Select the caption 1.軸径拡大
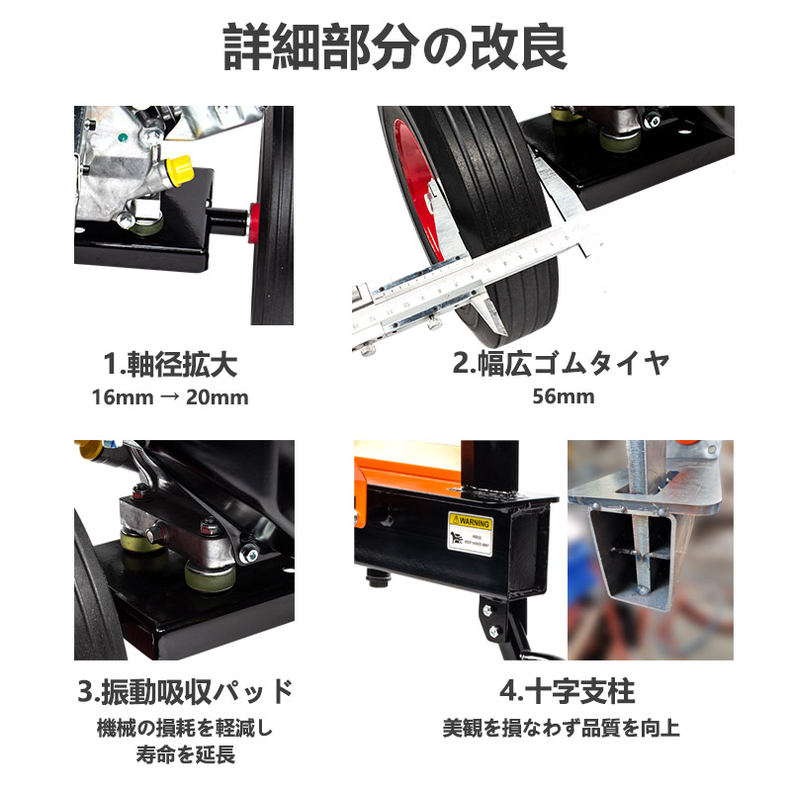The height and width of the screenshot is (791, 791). tap(170, 364)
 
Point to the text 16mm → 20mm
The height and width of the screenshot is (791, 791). tap(170, 397)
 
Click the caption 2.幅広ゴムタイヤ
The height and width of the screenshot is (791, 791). tap(561, 363)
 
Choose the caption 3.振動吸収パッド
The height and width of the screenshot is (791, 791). tap(184, 689)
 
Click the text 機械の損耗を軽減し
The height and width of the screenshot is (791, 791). tap(184, 729)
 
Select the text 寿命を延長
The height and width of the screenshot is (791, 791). tap(184, 755)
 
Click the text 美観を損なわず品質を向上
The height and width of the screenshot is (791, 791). tap(561, 729)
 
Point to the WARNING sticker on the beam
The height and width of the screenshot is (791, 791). tap(470, 534)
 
